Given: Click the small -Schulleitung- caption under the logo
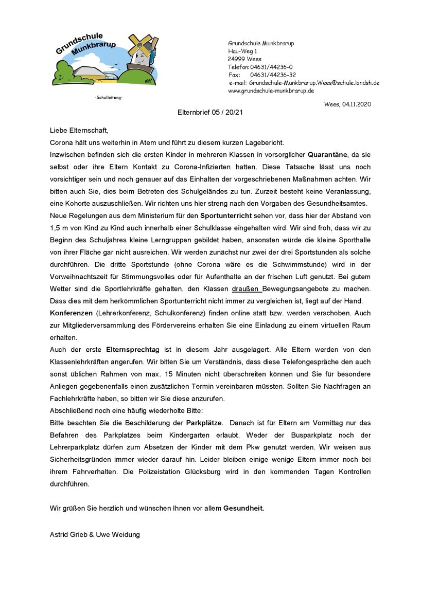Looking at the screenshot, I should (x=109, y=98).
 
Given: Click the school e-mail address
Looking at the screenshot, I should (x=314, y=82).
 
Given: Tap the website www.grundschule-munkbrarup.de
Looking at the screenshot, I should (x=271, y=91).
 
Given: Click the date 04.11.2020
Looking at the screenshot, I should (x=356, y=104).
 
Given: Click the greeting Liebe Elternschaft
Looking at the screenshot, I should (x=79, y=131).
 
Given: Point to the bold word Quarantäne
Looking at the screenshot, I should (x=329, y=154).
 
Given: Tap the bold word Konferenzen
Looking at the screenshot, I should (x=71, y=313).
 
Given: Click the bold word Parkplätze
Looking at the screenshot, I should (x=204, y=423).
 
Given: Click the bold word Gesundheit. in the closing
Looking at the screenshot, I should (x=243, y=508).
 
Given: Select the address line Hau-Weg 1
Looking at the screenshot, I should (x=242, y=51).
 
